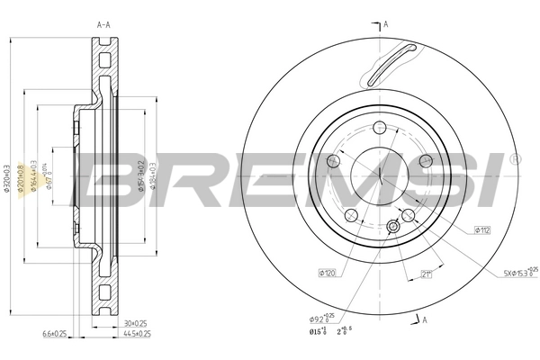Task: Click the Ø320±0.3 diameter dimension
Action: [8, 177]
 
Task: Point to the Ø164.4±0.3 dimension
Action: [33, 177]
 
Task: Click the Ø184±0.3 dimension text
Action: [153, 177]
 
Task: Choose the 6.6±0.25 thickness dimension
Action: [53, 334]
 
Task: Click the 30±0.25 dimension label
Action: [135, 322]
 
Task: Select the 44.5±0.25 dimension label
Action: [135, 334]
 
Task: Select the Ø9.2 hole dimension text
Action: [321, 318]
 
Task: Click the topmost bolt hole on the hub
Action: [380, 127]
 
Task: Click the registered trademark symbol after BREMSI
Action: [513, 158]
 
